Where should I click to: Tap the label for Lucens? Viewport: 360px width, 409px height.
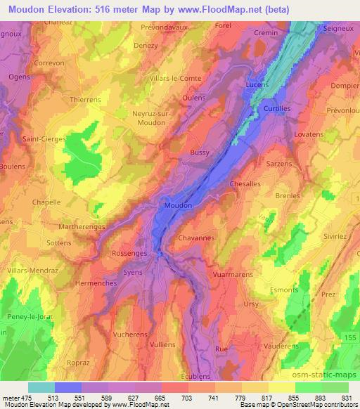click(x=257, y=84)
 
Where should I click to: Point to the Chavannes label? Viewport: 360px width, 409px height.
click(x=196, y=238)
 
